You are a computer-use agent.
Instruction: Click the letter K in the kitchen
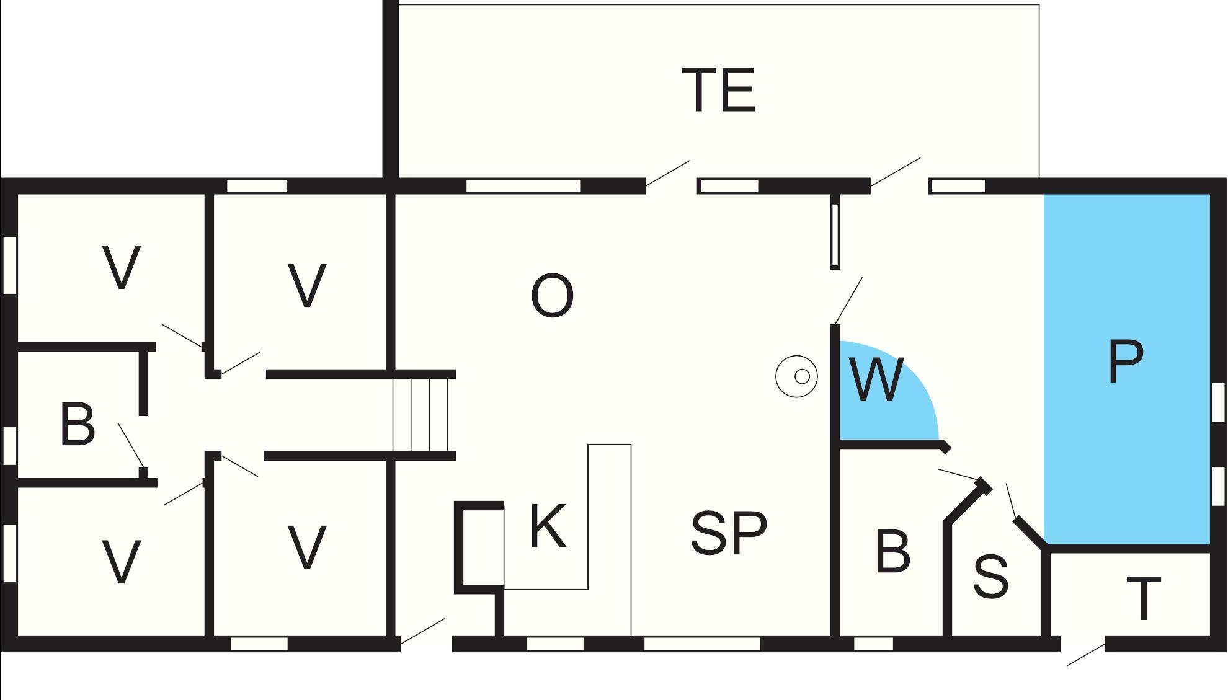click(548, 526)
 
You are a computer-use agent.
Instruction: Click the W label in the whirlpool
click(876, 379)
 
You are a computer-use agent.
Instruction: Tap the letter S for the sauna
click(990, 577)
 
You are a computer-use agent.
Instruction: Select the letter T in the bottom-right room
click(1142, 598)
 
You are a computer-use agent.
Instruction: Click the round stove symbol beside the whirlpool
click(797, 376)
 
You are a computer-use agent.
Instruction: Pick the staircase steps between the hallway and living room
click(420, 415)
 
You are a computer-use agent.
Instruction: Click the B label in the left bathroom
click(78, 425)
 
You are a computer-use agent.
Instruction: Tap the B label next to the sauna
click(892, 551)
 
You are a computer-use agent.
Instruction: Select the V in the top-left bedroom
click(122, 268)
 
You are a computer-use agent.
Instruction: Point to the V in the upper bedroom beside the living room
click(307, 285)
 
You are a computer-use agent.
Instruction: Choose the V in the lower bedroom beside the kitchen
click(307, 547)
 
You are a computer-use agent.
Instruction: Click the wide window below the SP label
click(701, 644)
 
